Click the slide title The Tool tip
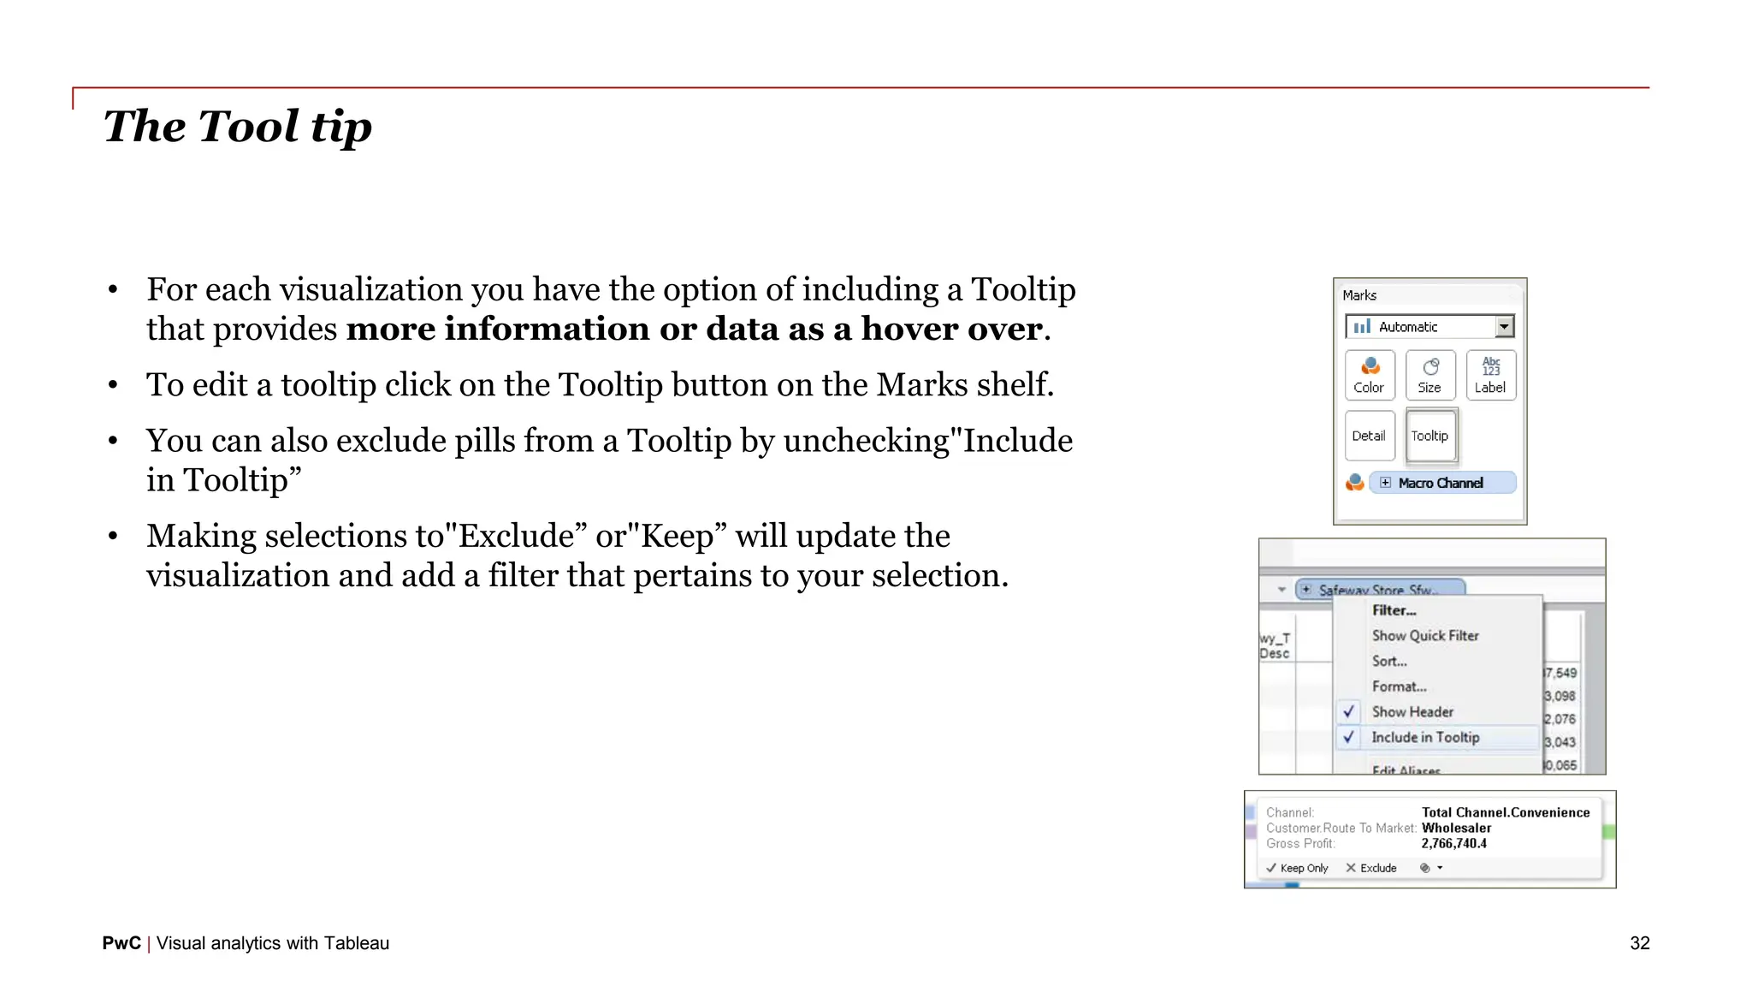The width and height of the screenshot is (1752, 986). (238, 127)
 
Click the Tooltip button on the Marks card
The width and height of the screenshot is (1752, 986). (1429, 436)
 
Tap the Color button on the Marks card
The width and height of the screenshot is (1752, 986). (1369, 376)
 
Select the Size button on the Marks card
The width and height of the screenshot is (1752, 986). (1429, 376)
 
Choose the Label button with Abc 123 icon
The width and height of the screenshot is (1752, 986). (1490, 376)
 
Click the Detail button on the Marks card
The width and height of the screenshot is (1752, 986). (1369, 436)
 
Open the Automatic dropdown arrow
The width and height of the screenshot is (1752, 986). (1504, 327)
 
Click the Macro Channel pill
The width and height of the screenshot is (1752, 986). (1441, 483)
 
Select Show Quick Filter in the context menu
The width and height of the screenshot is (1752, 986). (1425, 636)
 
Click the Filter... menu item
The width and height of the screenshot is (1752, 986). (1394, 610)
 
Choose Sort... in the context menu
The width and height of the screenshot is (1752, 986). (1389, 662)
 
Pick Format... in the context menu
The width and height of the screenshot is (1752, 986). (1399, 686)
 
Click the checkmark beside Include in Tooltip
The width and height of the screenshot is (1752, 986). (1349, 737)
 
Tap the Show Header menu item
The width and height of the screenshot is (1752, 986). (1412, 712)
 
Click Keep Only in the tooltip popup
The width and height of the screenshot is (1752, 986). (1298, 868)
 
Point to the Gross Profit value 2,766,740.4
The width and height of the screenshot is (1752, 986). (1453, 844)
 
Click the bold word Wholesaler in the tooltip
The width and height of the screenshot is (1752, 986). (1456, 829)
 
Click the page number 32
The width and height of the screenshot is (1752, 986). (1639, 943)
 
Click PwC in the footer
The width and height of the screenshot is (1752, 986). (121, 943)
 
